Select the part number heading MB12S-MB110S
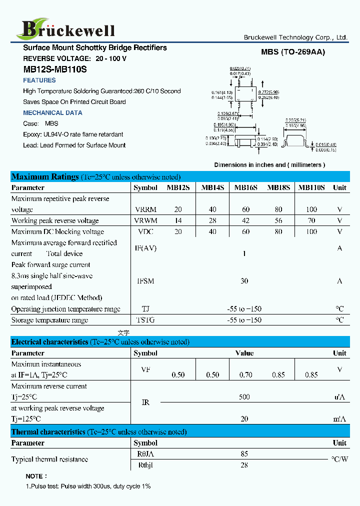pos(54,69)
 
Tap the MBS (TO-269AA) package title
pos(292,52)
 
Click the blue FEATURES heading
pos(39,80)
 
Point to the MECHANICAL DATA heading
pos(52,113)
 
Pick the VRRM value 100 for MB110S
pos(311,209)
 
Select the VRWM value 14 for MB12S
pos(178,220)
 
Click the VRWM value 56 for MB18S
pos(278,220)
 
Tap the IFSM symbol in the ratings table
pos(145,281)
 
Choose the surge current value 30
pos(244,281)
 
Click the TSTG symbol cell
pos(145,320)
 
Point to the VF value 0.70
pos(245,374)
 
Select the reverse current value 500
pos(244,397)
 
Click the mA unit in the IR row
pos(339,419)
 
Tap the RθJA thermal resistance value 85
pos(244,454)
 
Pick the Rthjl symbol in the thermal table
pos(145,465)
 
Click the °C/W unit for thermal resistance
pos(339,459)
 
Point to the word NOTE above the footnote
pos(36,476)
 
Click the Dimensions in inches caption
pos(269,165)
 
